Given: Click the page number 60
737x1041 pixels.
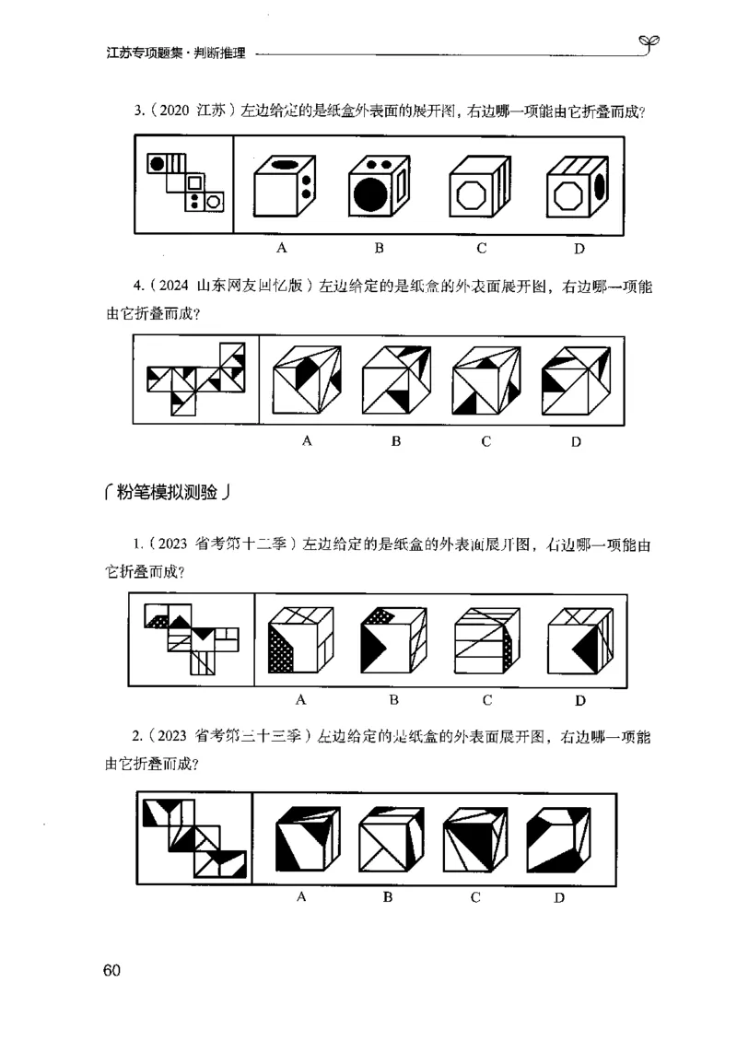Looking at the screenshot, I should point(111,970).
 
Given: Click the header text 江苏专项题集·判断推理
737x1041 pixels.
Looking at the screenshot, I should point(176,54).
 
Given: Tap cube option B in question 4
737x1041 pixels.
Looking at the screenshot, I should point(395,380).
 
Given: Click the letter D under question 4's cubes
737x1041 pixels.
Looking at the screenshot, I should point(576,441).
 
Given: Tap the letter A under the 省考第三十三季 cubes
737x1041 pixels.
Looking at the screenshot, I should point(301,897).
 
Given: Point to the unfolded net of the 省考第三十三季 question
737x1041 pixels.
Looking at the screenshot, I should point(194,838).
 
